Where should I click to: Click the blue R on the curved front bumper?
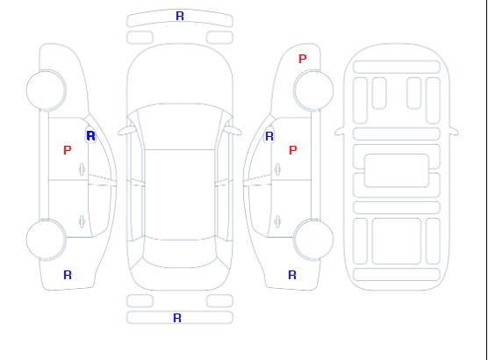(180, 16)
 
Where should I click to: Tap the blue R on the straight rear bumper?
(177, 318)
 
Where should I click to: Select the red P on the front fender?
(302, 59)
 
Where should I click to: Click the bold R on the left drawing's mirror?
(90, 136)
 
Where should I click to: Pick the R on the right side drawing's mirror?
(269, 136)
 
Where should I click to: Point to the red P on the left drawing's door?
(68, 150)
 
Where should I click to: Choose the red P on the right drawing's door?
(292, 150)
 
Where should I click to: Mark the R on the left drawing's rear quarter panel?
(68, 275)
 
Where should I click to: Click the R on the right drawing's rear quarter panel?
(292, 275)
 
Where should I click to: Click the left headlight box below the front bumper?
(140, 38)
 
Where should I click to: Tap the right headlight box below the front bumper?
(219, 38)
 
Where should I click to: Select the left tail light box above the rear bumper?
(140, 301)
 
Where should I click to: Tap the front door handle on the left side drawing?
(82, 169)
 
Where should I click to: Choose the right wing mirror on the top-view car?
(233, 130)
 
